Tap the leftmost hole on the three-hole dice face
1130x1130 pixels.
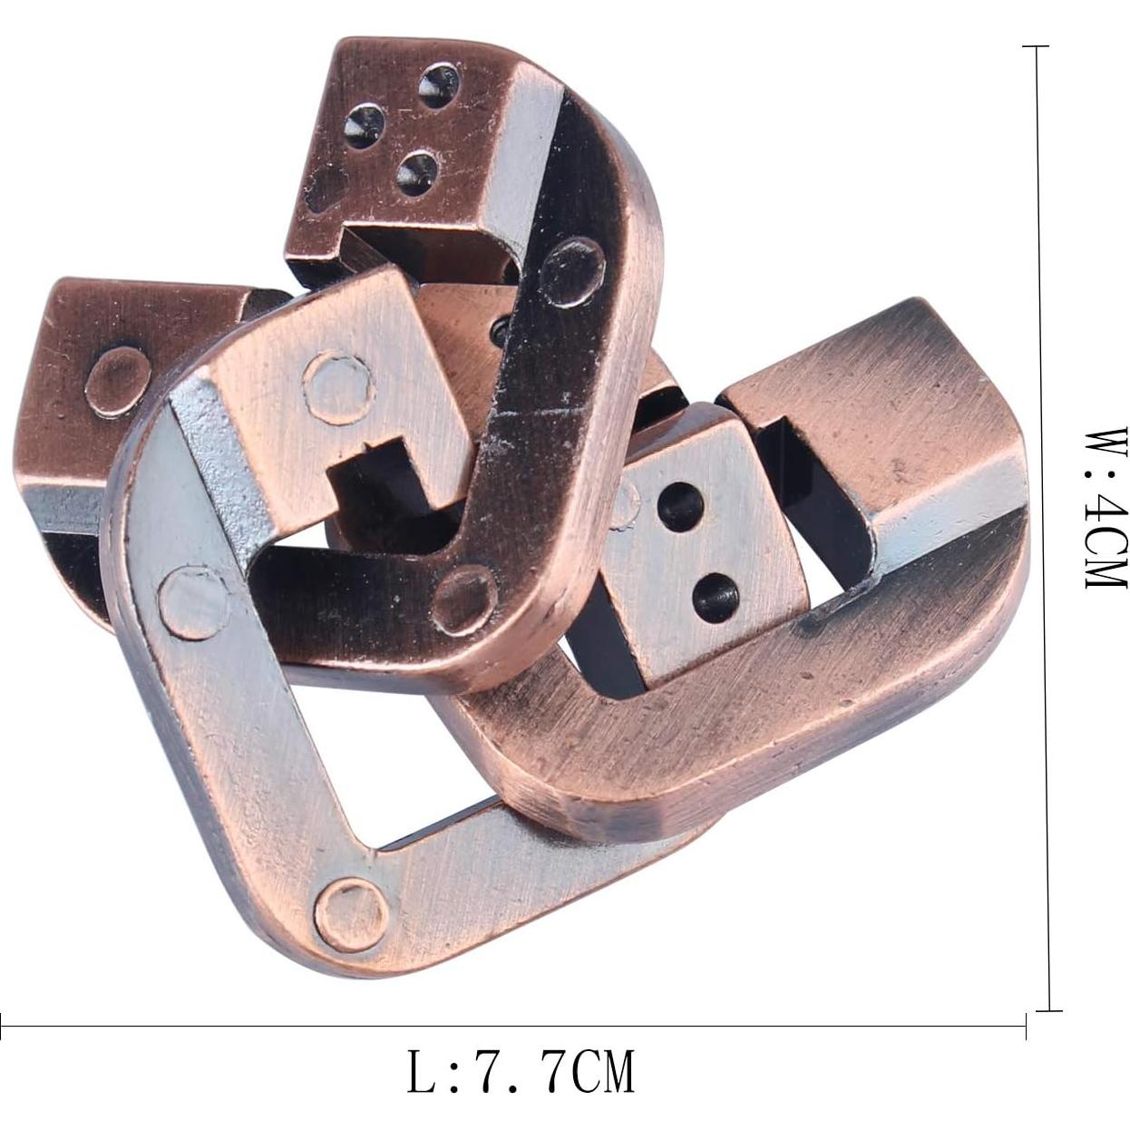click(367, 123)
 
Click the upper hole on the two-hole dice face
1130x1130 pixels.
click(678, 498)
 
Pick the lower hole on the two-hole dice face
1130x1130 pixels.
click(716, 596)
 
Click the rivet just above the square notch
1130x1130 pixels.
click(340, 387)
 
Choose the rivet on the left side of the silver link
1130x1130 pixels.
click(194, 599)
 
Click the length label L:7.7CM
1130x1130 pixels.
click(520, 1071)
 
